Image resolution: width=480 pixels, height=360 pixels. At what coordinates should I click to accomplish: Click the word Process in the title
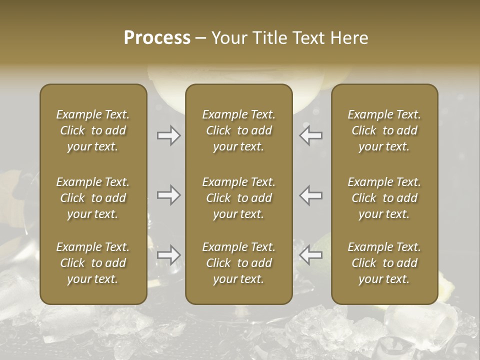[157, 38]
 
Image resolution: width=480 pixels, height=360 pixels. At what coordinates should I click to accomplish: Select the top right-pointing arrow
[169, 135]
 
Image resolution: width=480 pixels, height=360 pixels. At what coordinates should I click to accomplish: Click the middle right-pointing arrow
[169, 195]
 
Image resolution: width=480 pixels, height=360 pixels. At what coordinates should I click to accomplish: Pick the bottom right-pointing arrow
[169, 255]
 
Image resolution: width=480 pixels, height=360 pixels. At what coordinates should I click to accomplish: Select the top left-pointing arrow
[311, 135]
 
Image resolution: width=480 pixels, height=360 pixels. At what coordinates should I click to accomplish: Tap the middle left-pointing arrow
[311, 195]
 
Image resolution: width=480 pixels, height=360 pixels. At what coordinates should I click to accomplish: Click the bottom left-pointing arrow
[311, 255]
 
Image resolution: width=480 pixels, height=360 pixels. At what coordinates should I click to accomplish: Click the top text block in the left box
[93, 130]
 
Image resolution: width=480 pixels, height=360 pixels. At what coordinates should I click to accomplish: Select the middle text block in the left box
[93, 198]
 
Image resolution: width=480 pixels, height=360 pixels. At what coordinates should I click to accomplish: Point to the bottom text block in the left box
[93, 263]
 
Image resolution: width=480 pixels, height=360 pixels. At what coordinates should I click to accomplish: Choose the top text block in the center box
[238, 130]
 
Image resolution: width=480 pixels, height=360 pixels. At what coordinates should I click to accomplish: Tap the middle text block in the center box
[238, 198]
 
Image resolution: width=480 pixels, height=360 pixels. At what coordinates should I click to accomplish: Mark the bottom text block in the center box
[238, 263]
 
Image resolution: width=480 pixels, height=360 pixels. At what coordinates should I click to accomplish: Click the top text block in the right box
[384, 130]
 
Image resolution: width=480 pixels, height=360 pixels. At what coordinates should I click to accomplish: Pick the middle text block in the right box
[384, 198]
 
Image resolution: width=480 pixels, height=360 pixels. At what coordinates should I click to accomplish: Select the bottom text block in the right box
[384, 263]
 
